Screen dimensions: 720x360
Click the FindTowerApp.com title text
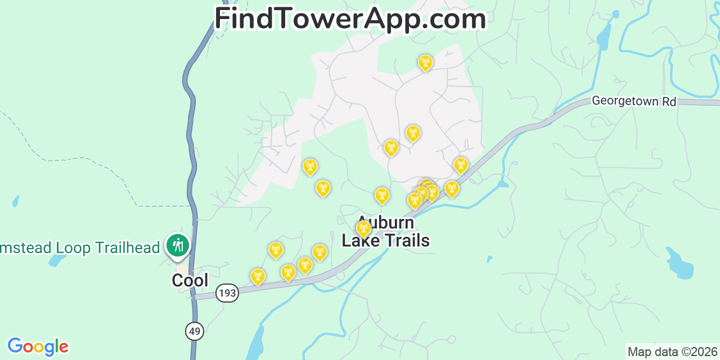(350, 19)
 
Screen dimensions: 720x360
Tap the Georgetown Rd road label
(633, 101)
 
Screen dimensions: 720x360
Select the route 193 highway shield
(227, 293)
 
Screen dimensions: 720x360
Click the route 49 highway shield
(195, 331)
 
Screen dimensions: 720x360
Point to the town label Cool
(190, 280)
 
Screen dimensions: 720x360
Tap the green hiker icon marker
(178, 245)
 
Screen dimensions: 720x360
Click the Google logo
(38, 346)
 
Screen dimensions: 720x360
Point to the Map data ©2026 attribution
(673, 352)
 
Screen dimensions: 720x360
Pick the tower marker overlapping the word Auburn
(363, 228)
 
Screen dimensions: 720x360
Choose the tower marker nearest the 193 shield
(258, 276)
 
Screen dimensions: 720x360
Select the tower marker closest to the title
(426, 62)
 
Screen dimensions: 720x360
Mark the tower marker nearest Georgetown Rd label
(461, 165)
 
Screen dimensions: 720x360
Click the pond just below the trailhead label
(57, 260)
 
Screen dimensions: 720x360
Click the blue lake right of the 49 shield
(255, 343)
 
